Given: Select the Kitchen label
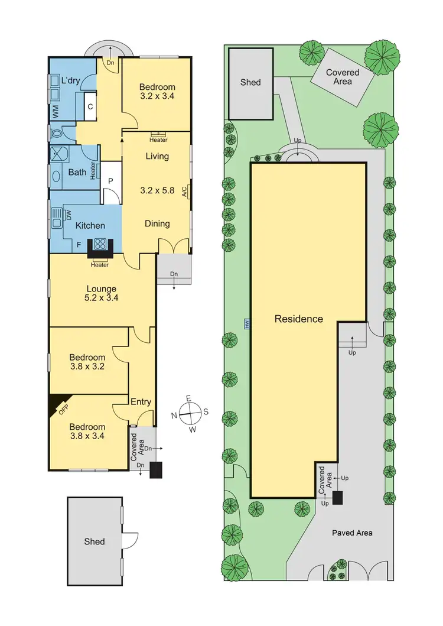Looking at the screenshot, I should (x=90, y=225).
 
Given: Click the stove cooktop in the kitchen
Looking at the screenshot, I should (x=99, y=245).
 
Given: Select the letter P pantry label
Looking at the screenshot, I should (x=110, y=182).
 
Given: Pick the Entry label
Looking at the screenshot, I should (x=141, y=402).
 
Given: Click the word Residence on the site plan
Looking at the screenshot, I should (x=299, y=319).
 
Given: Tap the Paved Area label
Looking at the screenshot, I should (x=353, y=533).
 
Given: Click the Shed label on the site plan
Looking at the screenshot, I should (x=250, y=82).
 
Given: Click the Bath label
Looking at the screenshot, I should (x=77, y=173).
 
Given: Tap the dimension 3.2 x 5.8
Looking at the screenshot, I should (x=157, y=191).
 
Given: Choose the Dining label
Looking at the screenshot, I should (x=157, y=223).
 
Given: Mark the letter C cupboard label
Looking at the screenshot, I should (x=90, y=107).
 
